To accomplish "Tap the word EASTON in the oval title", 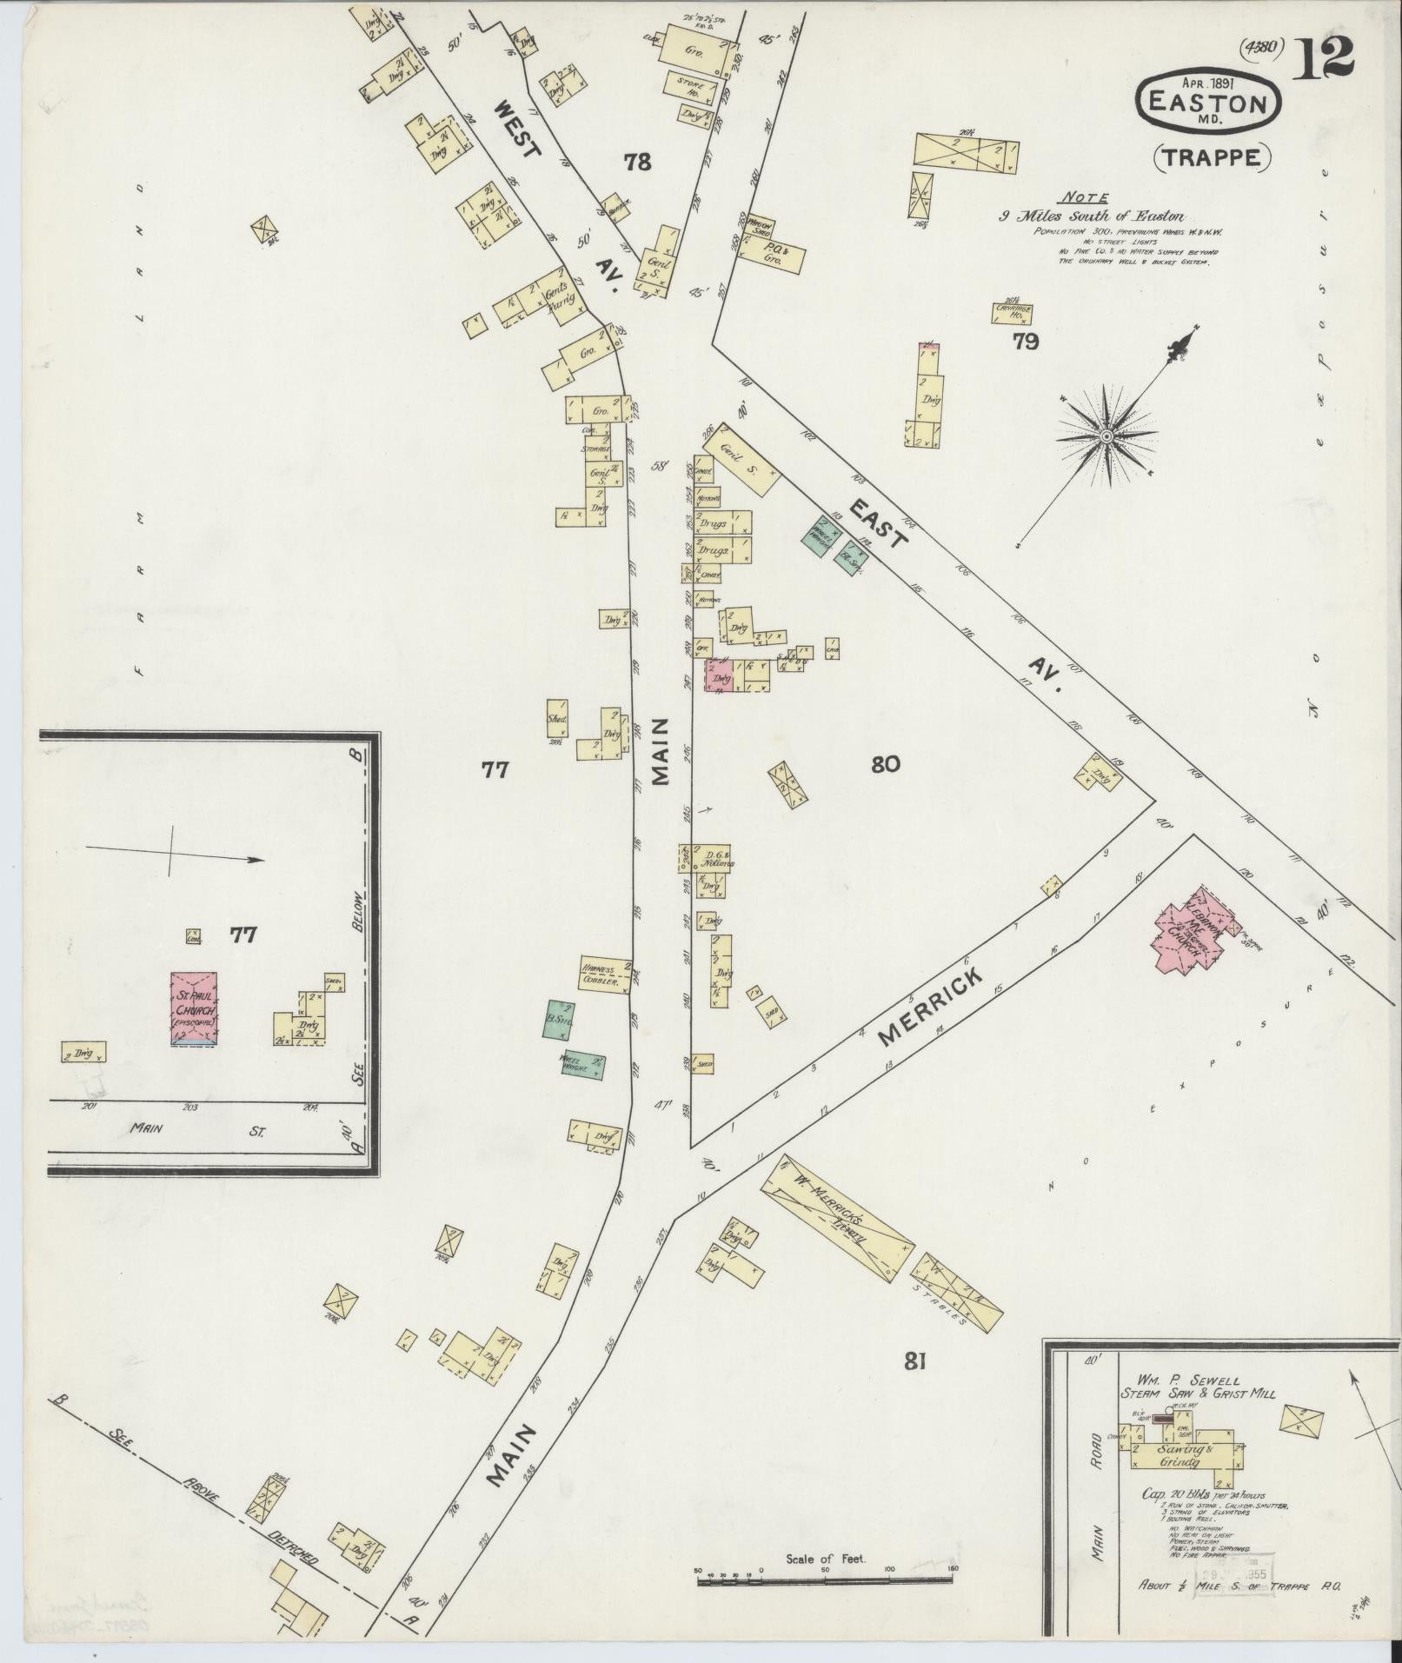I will click(1208, 103).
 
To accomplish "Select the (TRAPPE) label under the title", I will click(1212, 157).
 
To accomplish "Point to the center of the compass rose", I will click(1106, 435).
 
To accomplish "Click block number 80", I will click(885, 764).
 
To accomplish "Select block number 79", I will click(1025, 342).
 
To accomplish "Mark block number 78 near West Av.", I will click(637, 161).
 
